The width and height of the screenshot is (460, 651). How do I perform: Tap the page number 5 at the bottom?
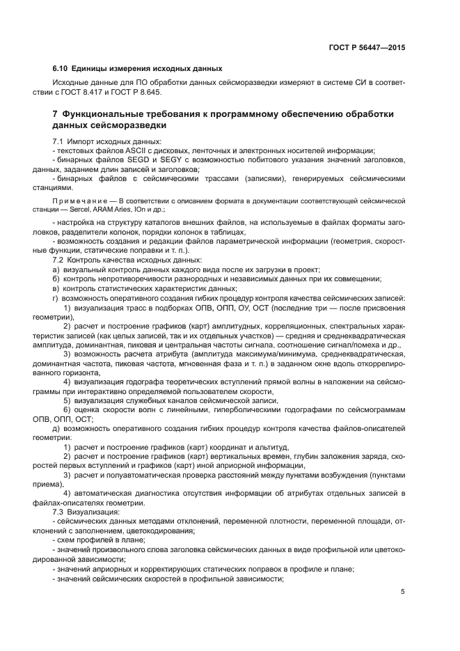pyautogui.click(x=403, y=593)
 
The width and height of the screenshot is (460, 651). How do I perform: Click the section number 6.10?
pyautogui.click(x=61, y=68)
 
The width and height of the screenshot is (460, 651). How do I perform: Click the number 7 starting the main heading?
pyautogui.click(x=55, y=113)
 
